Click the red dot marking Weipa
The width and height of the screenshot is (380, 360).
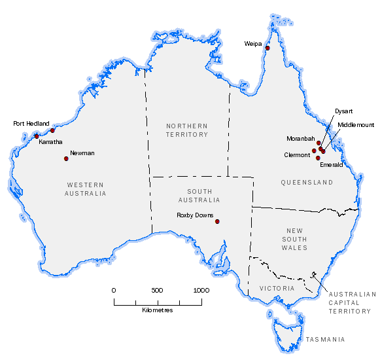[x=268, y=48]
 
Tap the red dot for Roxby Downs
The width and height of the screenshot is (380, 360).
[x=218, y=222]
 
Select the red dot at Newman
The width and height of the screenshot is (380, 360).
[x=66, y=158]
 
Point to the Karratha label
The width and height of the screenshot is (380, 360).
[x=50, y=141]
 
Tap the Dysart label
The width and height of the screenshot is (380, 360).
[x=343, y=111]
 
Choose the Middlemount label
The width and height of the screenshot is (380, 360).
[x=356, y=124]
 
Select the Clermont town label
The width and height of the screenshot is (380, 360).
[x=298, y=155]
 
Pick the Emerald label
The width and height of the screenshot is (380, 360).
[x=331, y=165]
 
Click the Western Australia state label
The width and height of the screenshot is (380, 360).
[x=86, y=189]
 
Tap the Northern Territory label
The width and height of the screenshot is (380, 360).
[x=186, y=130]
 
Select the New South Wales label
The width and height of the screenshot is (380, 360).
[x=294, y=239]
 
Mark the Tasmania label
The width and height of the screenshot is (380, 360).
[x=325, y=340]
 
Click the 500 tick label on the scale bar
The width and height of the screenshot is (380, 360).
[x=156, y=290]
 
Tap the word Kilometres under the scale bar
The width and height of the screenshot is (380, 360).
[x=157, y=310]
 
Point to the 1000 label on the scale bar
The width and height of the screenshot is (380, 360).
[x=201, y=290]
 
